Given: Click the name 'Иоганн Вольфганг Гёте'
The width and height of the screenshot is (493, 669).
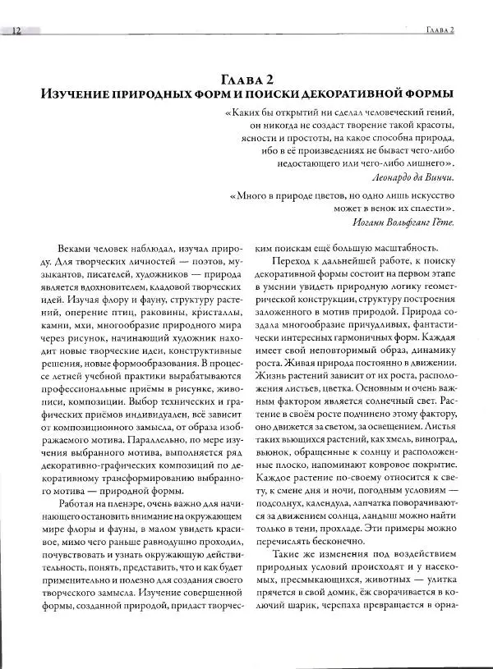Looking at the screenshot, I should [400, 222].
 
